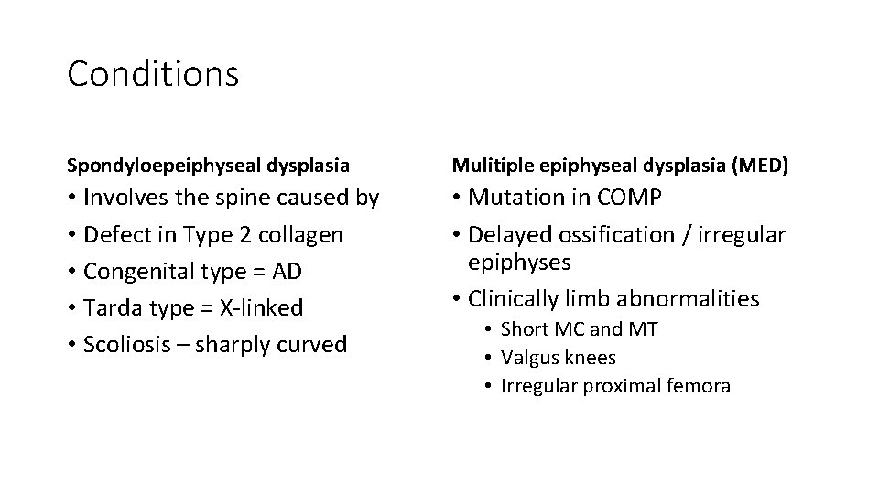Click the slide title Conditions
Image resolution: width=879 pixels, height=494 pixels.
(x=153, y=74)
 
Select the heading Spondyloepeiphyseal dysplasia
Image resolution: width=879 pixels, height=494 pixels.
(x=208, y=166)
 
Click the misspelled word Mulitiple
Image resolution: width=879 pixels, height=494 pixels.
(x=487, y=166)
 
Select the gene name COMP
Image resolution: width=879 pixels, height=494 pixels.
(x=629, y=198)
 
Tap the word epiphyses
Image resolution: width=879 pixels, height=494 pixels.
(x=519, y=263)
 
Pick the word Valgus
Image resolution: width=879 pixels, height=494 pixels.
(x=527, y=358)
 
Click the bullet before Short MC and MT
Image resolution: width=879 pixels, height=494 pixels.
(x=491, y=329)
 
